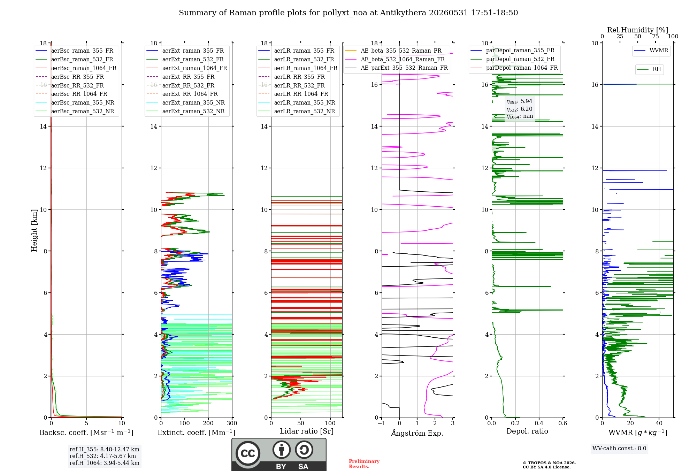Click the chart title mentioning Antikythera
coord(348,13)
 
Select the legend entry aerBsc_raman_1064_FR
coord(84,68)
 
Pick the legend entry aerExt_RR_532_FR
coord(188,85)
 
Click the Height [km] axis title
coord(34,230)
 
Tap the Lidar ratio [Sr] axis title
coord(307,431)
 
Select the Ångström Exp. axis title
coord(417,433)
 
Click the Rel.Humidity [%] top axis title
coord(638,30)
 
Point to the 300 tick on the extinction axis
coord(232,423)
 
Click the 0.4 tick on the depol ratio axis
coord(539,423)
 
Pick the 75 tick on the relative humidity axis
coord(656,37)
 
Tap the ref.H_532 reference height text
coord(103,456)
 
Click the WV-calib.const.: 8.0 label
coord(619,449)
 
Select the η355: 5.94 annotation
coord(519,101)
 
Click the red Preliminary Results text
coord(364,464)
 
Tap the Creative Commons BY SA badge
coord(279,455)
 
